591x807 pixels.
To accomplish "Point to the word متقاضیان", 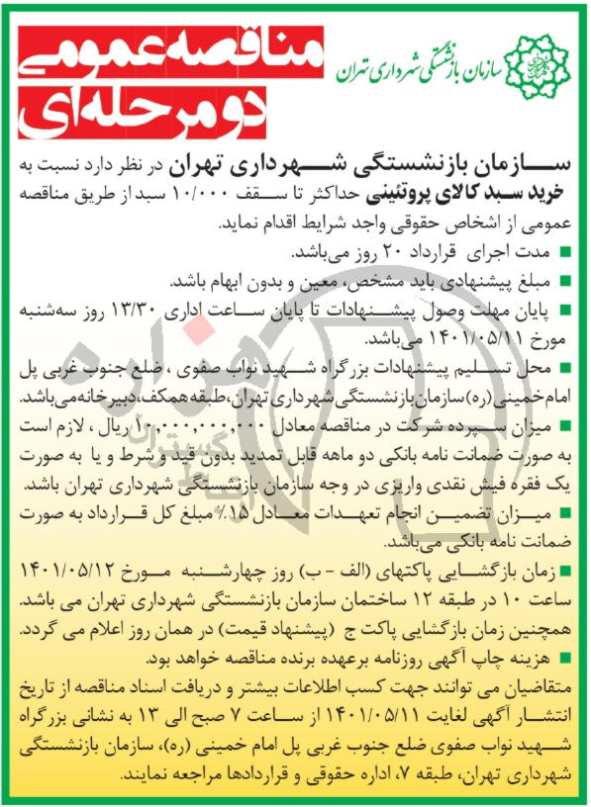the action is coord(536,682).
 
